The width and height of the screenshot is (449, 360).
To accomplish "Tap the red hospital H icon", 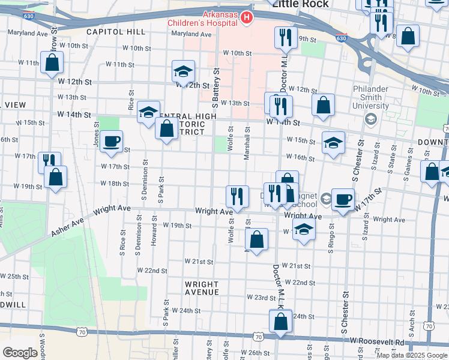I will [x=246, y=19].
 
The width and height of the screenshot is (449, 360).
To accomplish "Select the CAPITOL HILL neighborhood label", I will [x=116, y=32].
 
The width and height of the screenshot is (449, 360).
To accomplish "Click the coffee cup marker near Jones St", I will [x=111, y=142].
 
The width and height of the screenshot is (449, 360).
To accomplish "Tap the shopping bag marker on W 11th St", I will [x=52, y=62].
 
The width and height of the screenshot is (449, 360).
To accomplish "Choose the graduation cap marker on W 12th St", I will [x=183, y=72].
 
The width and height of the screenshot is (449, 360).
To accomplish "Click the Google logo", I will [x=20, y=352].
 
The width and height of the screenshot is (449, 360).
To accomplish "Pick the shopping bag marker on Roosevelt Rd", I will [x=280, y=321].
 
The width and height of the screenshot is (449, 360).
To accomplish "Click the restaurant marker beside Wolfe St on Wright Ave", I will [x=237, y=196].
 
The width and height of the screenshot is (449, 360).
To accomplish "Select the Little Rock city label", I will [x=301, y=4].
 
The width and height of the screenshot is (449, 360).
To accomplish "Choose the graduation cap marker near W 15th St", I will [x=333, y=143].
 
